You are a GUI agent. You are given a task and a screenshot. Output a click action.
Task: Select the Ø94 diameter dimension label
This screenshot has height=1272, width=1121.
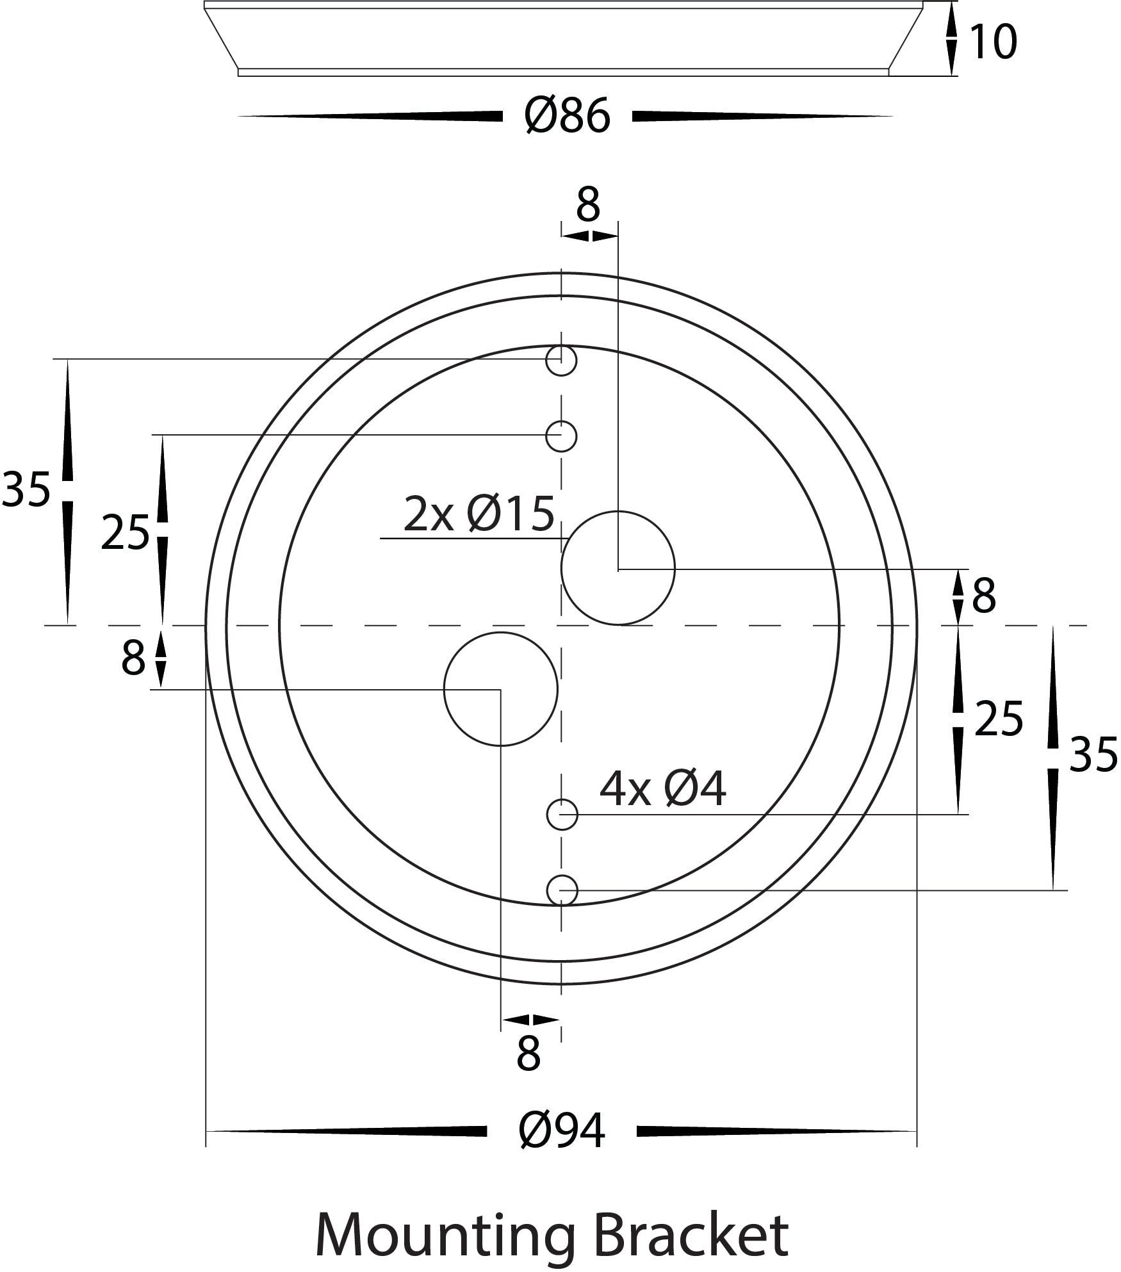pyautogui.click(x=562, y=1131)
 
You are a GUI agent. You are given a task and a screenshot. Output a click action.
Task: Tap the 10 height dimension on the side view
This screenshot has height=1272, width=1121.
pyautogui.click(x=993, y=42)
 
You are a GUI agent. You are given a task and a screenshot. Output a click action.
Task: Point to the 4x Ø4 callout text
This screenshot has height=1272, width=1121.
pyautogui.click(x=662, y=789)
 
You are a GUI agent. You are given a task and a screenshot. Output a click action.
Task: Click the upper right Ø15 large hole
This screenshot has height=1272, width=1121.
pyautogui.click(x=618, y=568)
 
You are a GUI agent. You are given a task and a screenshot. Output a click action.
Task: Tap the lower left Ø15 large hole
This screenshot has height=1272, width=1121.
pyautogui.click(x=500, y=689)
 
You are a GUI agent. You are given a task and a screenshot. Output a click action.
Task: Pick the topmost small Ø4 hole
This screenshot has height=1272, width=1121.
pyautogui.click(x=561, y=361)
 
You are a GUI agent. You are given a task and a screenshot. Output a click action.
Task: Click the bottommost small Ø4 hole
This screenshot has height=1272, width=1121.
pyautogui.click(x=562, y=890)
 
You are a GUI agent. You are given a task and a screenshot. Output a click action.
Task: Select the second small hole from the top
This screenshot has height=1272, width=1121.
pyautogui.click(x=561, y=436)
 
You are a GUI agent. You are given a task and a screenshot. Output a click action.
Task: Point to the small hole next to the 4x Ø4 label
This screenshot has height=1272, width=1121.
pyautogui.click(x=562, y=815)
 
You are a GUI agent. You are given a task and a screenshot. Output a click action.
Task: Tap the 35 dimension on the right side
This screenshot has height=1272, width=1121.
pyautogui.click(x=1093, y=756)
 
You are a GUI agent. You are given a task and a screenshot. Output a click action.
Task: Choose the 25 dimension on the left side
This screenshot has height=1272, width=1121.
pyautogui.click(x=125, y=533)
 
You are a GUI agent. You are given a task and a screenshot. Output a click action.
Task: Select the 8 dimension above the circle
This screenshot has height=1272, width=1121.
pyautogui.click(x=587, y=206)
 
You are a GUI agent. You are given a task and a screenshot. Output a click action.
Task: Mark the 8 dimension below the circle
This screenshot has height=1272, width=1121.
pyautogui.click(x=528, y=1054)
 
